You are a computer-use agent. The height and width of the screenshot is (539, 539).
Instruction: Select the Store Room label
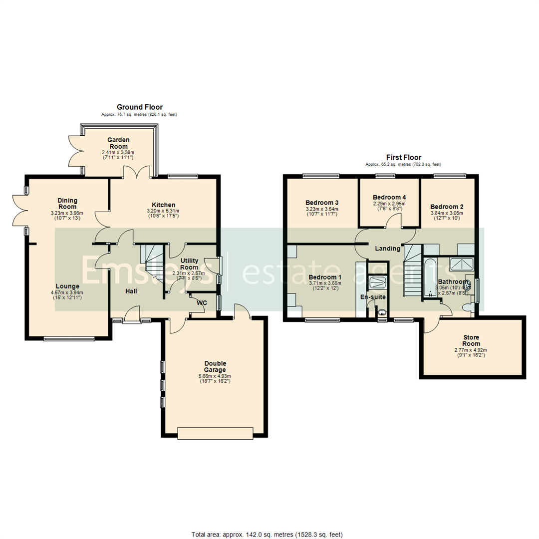click(471, 340)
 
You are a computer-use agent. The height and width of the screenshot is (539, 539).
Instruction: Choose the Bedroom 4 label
click(389, 197)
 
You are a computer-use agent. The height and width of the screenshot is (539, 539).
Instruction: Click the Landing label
click(387, 249)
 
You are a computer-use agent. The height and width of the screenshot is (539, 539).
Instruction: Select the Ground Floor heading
click(139, 107)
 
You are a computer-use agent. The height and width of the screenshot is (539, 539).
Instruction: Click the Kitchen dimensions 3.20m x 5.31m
click(163, 211)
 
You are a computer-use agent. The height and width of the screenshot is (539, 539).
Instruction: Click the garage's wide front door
click(218, 433)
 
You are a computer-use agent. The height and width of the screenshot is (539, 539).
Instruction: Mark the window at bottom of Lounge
click(69, 339)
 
